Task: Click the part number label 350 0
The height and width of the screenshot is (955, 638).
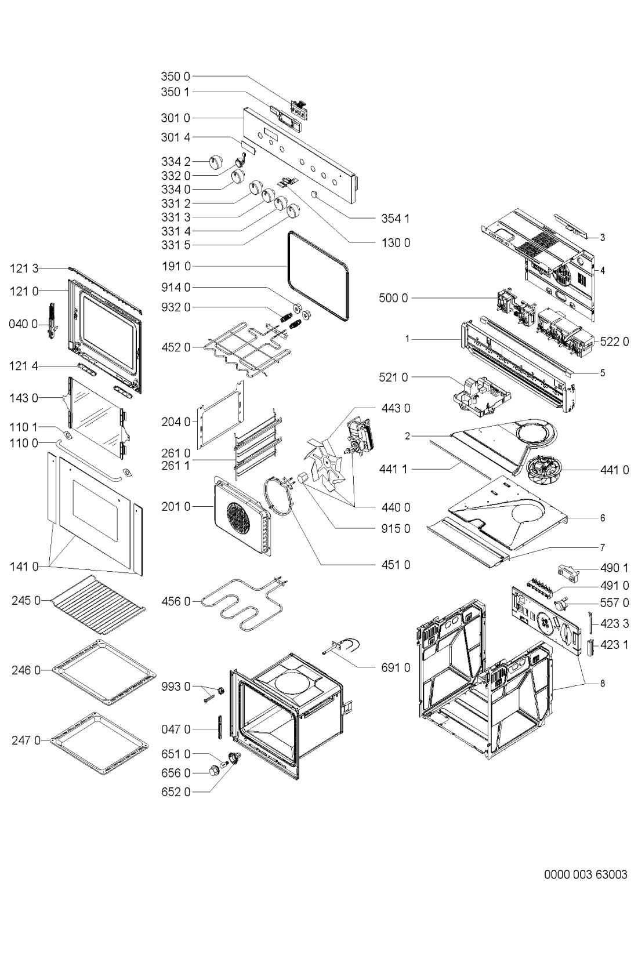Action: (175, 76)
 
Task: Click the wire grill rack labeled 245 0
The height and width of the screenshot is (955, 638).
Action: (98, 607)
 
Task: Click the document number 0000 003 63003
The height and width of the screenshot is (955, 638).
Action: (585, 874)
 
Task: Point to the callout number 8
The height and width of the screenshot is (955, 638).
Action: (603, 684)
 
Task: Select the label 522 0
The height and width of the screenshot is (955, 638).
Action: (614, 342)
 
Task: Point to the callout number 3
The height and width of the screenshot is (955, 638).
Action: (603, 237)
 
